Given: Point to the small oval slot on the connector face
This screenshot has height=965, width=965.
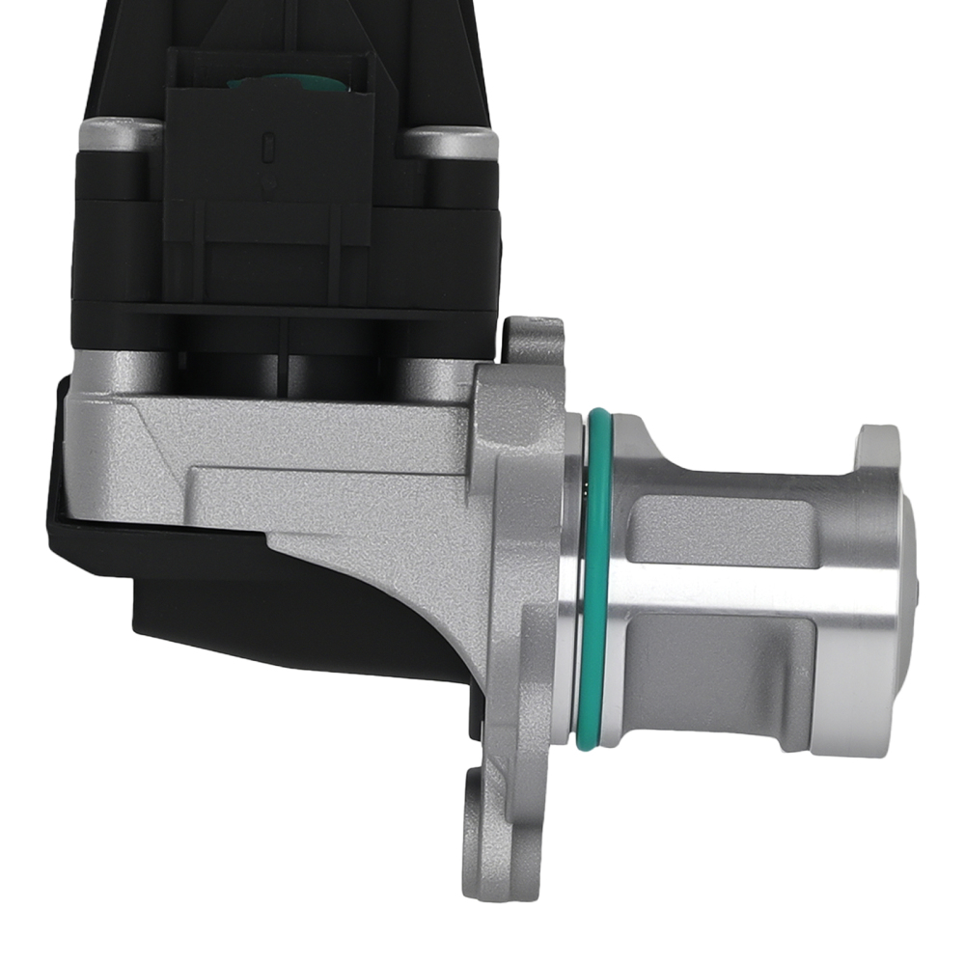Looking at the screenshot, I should pyautogui.click(x=268, y=150).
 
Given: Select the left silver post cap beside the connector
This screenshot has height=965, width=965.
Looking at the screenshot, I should pyautogui.click(x=120, y=134).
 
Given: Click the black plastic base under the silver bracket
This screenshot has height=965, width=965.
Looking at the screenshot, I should pyautogui.click(x=289, y=618).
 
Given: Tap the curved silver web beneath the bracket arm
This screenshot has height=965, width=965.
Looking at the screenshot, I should pyautogui.click(x=415, y=560).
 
